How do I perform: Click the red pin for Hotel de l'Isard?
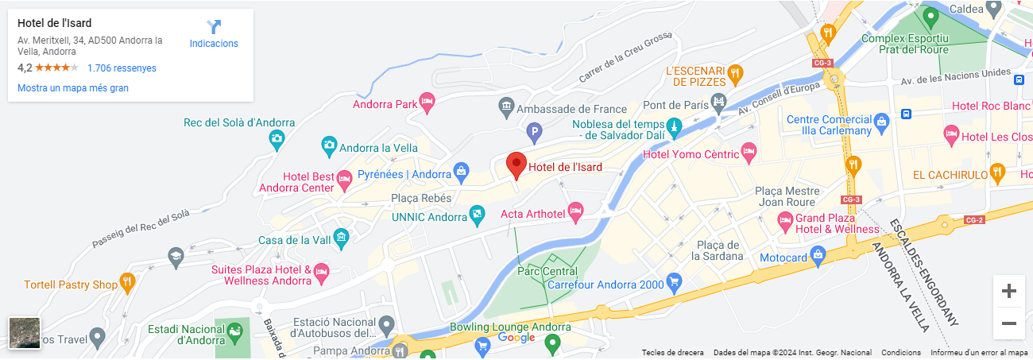[x=516, y=165]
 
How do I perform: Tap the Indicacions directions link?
[x=214, y=33]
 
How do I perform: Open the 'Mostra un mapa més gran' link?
[x=73, y=88]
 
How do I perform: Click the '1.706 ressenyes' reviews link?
[x=122, y=68]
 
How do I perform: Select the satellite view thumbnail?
[x=24, y=333]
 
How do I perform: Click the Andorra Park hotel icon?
[x=428, y=101]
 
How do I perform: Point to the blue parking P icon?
[x=536, y=130]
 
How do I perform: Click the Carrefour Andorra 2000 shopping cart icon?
[x=674, y=281]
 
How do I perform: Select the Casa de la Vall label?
[x=295, y=240]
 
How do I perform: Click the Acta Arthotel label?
[x=532, y=214]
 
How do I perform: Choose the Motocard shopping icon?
[x=818, y=255]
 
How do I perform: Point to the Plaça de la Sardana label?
[x=717, y=250]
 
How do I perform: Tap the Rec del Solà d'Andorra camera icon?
[x=277, y=139]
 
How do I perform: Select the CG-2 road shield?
[x=974, y=220]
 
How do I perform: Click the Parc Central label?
[x=547, y=271]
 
